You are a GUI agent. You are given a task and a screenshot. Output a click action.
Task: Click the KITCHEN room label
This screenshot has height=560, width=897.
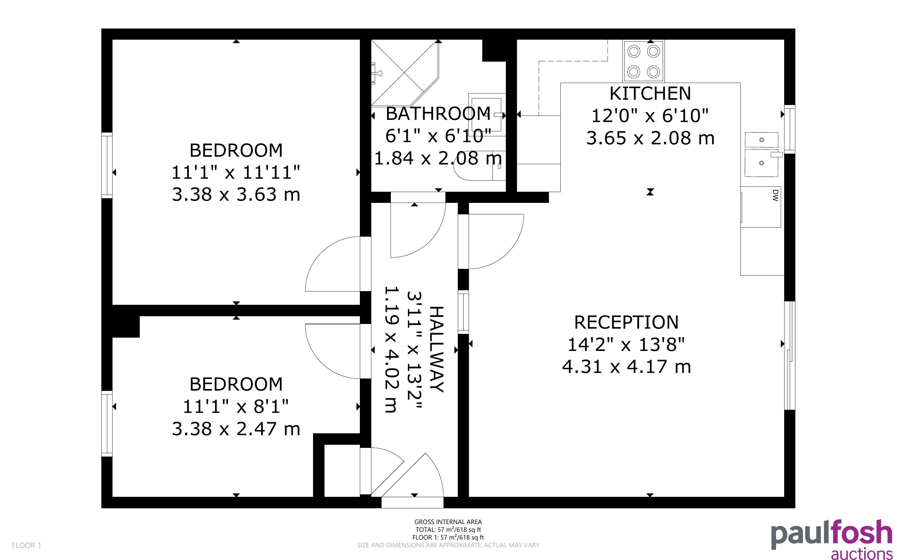pyautogui.click(x=650, y=93)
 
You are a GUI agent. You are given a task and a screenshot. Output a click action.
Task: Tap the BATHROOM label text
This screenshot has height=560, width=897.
pyautogui.click(x=438, y=114)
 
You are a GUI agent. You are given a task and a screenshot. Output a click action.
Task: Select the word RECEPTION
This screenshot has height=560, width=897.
pyautogui.click(x=626, y=322)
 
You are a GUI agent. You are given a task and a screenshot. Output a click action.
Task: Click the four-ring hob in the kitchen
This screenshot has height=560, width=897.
pyautogui.click(x=643, y=61)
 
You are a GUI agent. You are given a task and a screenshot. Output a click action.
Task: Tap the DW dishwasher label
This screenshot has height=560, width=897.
pyautogui.click(x=775, y=195)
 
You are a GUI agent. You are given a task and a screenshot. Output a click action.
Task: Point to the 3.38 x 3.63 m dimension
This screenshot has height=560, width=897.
pyautogui.click(x=236, y=195)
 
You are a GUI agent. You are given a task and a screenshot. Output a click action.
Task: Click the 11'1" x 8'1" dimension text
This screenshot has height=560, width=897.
pyautogui.click(x=236, y=406)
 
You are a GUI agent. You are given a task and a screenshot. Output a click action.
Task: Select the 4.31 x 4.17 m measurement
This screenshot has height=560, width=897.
pyautogui.click(x=626, y=367)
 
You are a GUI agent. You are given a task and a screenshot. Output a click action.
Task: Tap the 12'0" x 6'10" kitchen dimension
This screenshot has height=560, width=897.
pyautogui.click(x=650, y=116)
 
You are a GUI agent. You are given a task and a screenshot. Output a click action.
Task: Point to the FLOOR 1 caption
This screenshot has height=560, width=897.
pyautogui.click(x=27, y=545)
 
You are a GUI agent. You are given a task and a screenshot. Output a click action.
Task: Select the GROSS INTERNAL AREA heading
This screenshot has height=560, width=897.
pyautogui.click(x=448, y=522)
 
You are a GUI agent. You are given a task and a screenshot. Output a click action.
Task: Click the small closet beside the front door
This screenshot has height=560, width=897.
pyautogui.click(x=342, y=470)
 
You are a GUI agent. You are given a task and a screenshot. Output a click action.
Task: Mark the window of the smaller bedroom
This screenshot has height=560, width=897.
pyautogui.click(x=107, y=423)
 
